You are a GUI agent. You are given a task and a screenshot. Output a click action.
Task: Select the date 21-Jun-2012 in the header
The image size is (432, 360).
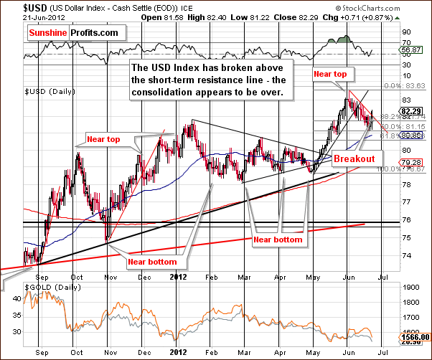22,17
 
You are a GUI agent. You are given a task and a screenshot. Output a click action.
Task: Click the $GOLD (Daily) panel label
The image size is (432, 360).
47,287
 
